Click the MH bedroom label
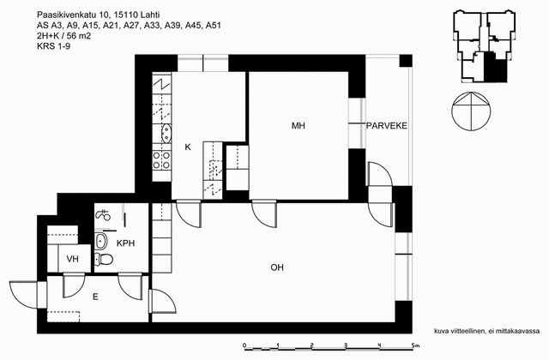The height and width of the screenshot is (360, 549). click(299, 126)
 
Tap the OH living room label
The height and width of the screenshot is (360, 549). click(277, 267)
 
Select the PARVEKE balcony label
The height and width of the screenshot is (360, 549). click(387, 126)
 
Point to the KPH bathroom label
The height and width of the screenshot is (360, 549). click(125, 243)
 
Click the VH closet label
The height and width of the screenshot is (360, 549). click(72, 259)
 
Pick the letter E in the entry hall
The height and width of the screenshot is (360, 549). click(95, 297)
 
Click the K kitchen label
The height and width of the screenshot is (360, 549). click(188, 147)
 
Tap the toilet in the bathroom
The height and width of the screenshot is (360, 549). click(104, 259)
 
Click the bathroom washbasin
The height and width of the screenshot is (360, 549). click(101, 241)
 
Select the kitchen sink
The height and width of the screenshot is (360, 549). click(166, 134)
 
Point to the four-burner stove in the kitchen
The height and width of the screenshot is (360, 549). click(162, 160)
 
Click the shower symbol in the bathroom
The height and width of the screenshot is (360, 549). click(103, 214)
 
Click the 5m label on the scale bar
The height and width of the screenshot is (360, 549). click(415, 345)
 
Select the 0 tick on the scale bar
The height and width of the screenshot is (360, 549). click(244, 345)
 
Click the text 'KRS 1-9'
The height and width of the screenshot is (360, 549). click(53, 45)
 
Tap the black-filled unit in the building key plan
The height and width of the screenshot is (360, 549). click(495, 68)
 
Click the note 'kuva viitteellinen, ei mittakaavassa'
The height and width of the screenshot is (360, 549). click(486, 331)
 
